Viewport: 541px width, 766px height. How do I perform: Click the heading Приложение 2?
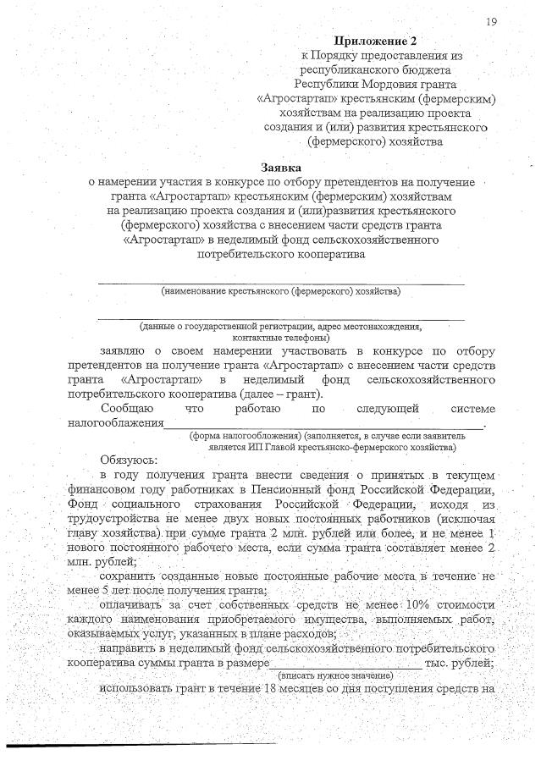pos(376,40)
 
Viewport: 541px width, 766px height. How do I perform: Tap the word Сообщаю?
pos(127,408)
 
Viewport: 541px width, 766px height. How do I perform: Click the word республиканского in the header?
pos(339,69)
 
